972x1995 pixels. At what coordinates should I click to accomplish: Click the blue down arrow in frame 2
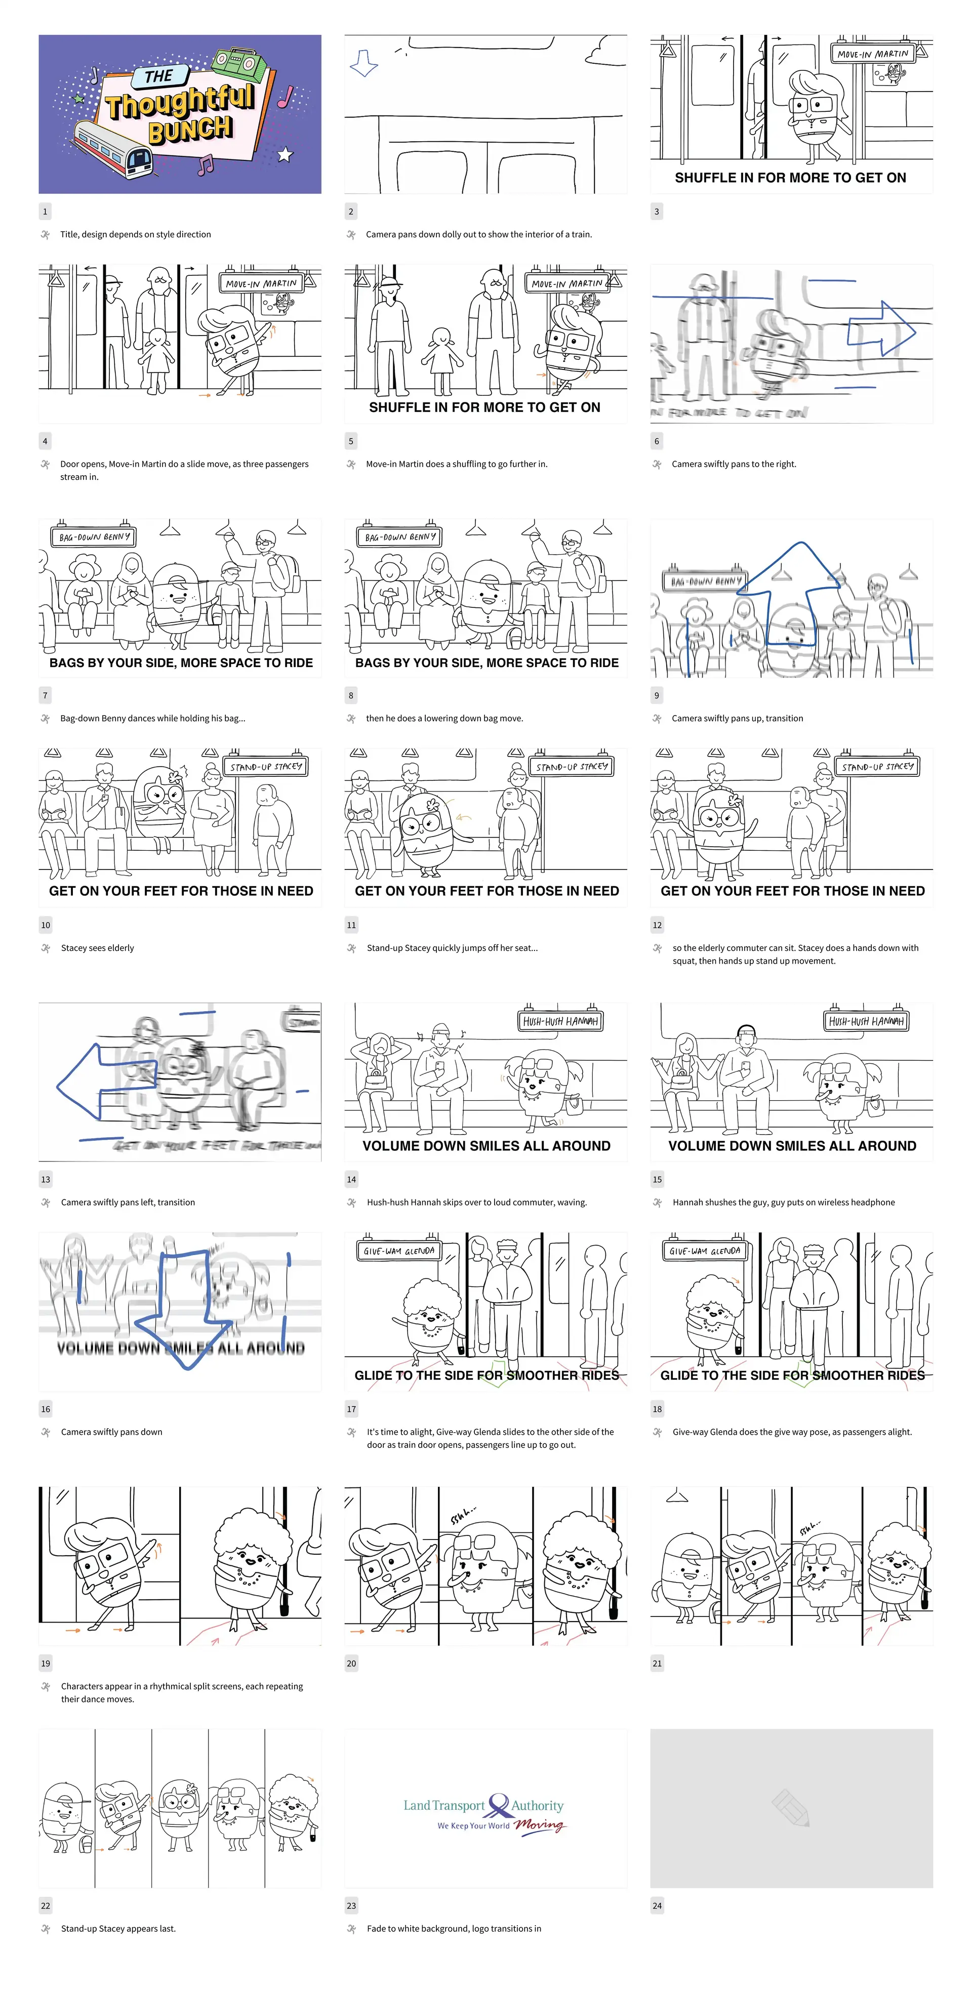click(x=363, y=63)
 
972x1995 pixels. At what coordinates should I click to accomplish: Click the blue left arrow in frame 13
click(x=106, y=1079)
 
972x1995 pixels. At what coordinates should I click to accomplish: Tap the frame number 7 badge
click(x=45, y=695)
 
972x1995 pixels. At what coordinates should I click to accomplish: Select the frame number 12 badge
click(x=657, y=925)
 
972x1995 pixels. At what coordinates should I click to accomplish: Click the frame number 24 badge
click(x=657, y=1905)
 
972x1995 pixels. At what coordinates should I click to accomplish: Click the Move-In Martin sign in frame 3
click(x=873, y=54)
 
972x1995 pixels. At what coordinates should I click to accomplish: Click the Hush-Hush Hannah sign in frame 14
click(x=560, y=1021)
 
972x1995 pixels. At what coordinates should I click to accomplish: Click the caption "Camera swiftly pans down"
click(x=111, y=1432)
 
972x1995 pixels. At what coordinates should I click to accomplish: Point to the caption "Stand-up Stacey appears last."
click(x=118, y=1928)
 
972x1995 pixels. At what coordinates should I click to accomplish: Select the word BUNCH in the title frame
click(x=190, y=130)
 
